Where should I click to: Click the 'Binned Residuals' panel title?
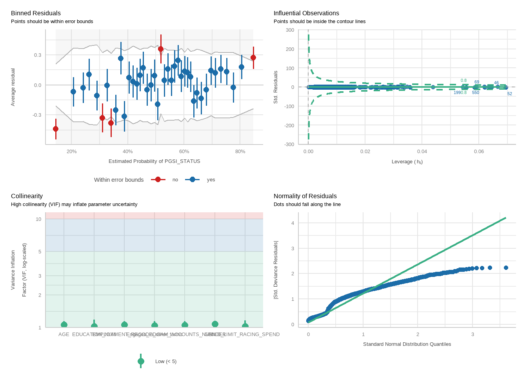[36, 13]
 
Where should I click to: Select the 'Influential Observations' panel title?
[306, 13]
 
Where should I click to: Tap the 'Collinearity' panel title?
[27, 196]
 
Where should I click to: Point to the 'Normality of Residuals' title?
[305, 196]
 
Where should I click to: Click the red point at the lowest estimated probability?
[56, 129]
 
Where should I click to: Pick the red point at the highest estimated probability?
[253, 58]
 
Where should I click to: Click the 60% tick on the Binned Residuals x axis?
[184, 152]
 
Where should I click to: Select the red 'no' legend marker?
[158, 179]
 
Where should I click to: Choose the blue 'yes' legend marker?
[192, 179]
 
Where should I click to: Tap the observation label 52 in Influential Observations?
[510, 94]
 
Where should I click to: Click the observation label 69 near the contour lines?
[477, 82]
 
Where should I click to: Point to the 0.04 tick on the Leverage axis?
[422, 152]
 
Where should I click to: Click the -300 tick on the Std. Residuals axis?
[290, 145]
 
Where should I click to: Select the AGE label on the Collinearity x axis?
[64, 334]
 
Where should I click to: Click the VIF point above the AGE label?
[64, 325]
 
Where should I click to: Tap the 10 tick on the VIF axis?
[38, 219]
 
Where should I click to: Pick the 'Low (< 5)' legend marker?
[141, 361]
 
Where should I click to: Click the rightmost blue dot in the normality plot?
[506, 268]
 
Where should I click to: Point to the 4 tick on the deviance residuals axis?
[293, 223]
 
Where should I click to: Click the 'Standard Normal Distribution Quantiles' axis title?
[407, 344]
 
